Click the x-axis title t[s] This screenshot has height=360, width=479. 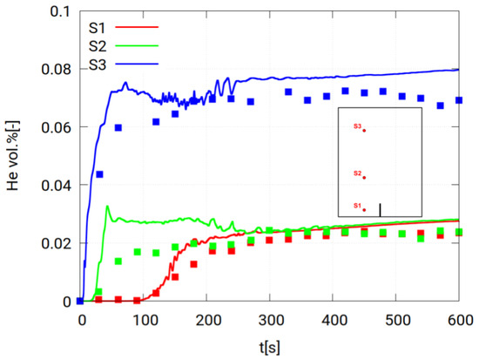pos(271,344)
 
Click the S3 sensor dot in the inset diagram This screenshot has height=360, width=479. pos(364,131)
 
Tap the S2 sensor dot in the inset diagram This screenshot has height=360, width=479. pos(364,178)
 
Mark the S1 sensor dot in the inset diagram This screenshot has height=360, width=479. pos(364,209)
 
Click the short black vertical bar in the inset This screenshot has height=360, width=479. pos(380,209)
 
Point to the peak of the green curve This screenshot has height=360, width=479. pos(106,207)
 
